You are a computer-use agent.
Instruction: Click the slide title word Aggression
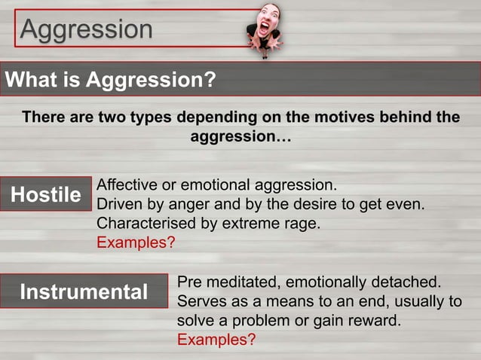[87, 29]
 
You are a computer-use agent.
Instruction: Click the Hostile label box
[46, 194]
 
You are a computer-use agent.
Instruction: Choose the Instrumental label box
[84, 291]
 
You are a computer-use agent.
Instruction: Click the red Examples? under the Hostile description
[136, 243]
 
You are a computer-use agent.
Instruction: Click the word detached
[408, 282]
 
